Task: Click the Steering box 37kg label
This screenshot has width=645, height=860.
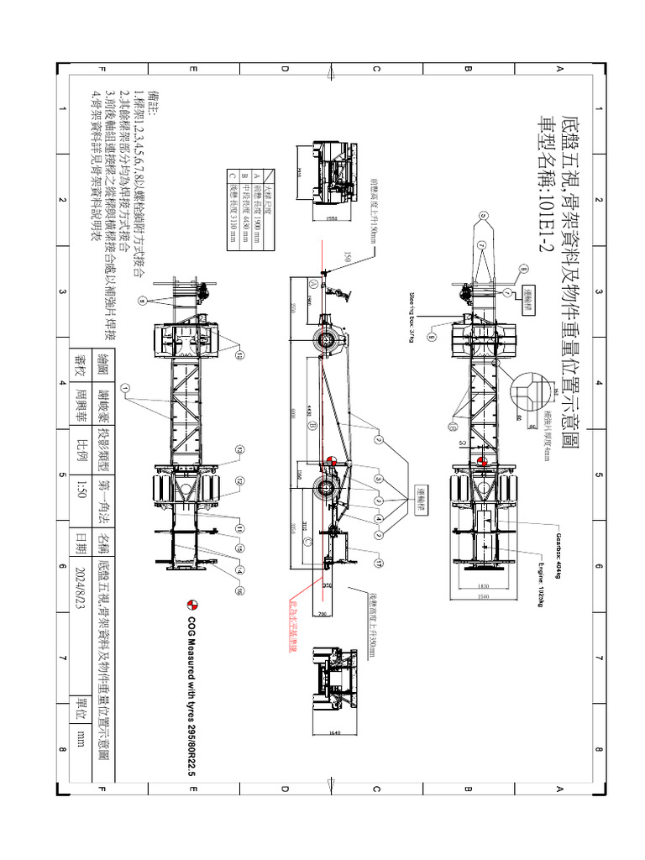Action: click(x=413, y=320)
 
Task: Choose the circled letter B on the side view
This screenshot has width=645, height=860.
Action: click(x=312, y=426)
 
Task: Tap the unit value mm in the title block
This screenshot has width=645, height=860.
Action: click(x=81, y=738)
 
